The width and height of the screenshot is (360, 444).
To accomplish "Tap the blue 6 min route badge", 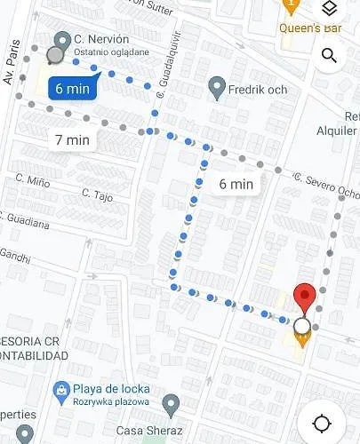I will coord(71,88).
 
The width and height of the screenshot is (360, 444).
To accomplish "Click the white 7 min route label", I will coord(72,139).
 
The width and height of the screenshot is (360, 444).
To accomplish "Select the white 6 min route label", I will coord(236,184).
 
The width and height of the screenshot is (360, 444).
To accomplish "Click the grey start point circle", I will coord(55,56).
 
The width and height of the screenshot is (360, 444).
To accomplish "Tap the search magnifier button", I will coord(329,56).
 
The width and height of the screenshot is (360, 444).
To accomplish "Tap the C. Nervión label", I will coord(101,40).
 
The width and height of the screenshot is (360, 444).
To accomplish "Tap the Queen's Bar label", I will coord(312,27).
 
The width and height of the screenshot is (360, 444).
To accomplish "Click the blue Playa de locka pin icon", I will coord(60,389).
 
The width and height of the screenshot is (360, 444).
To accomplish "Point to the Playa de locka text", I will coord(111,389).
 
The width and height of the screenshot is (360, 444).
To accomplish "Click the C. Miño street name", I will coord(32,180).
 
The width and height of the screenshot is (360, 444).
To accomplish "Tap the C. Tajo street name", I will coord(98,194).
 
